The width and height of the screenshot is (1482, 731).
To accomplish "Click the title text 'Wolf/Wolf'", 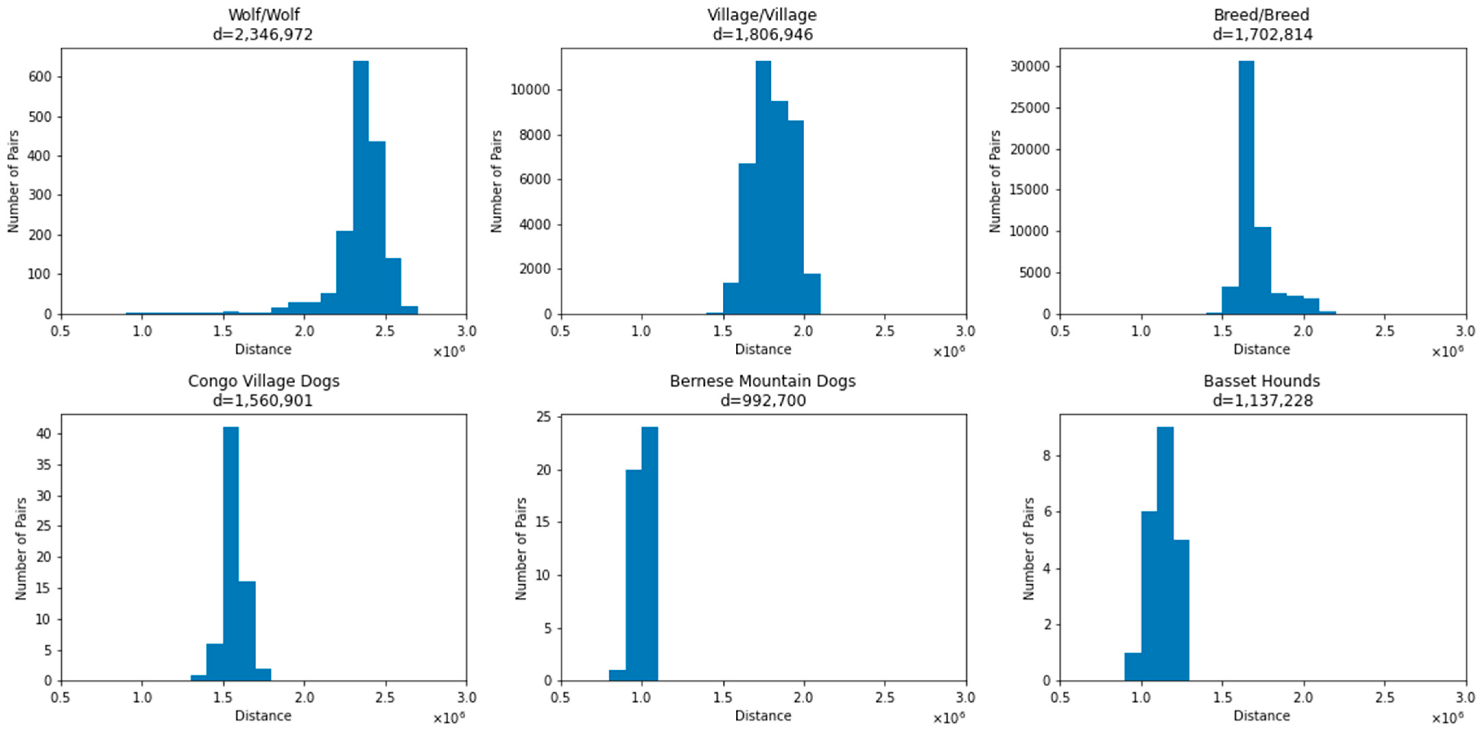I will [x=263, y=14].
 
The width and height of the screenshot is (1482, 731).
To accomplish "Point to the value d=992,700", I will [x=763, y=400].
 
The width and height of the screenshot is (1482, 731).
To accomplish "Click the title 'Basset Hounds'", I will [x=1262, y=381].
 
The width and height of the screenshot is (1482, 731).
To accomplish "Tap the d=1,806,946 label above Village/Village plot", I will [x=763, y=35].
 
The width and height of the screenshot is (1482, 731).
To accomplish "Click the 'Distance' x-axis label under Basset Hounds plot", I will [x=1262, y=716].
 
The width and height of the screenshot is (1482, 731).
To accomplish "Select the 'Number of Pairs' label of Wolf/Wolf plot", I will [x=13, y=181].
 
